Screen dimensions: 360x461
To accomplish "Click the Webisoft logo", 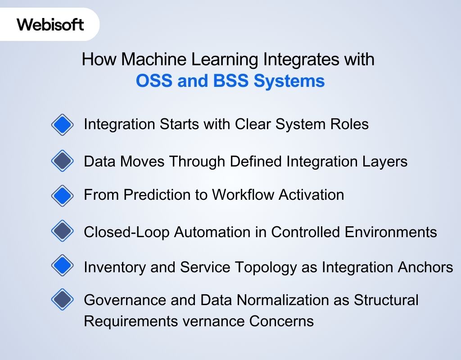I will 50,24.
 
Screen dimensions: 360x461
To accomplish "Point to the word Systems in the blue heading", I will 289,81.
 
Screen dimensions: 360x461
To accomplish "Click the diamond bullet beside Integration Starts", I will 62,125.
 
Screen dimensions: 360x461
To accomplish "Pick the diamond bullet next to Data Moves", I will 62,161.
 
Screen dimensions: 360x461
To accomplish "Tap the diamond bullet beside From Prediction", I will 62,195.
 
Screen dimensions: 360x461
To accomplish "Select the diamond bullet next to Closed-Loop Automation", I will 62,231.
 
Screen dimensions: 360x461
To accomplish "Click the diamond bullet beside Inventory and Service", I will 62,266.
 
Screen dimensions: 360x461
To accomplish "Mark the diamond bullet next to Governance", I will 62,299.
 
